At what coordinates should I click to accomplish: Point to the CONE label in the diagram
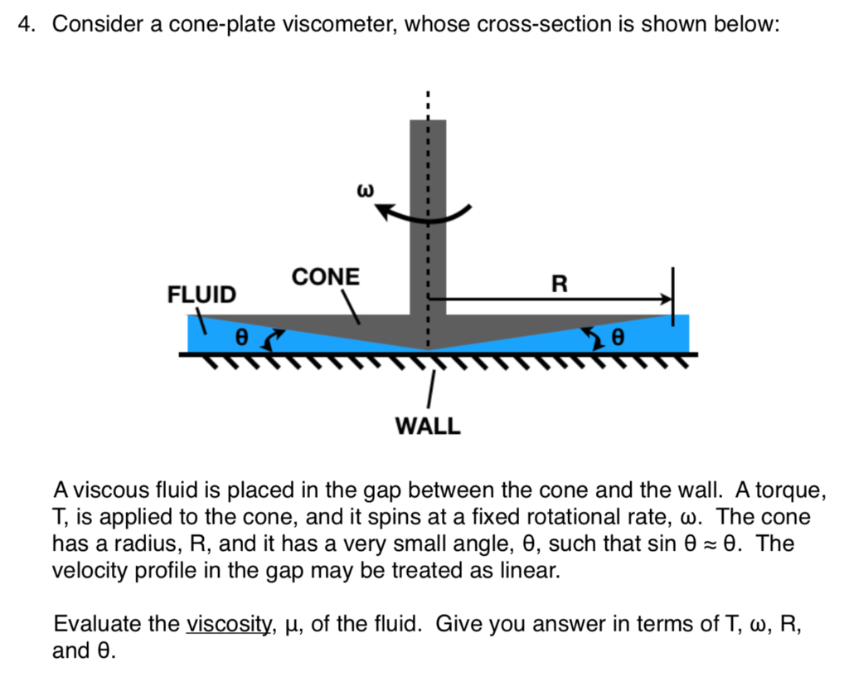click(325, 277)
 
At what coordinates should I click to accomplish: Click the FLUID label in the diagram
click(201, 295)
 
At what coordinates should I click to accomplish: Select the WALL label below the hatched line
click(427, 426)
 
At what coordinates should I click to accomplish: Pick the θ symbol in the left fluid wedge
click(242, 338)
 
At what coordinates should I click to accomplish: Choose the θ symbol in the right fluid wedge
click(615, 338)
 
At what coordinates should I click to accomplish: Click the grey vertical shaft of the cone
click(428, 216)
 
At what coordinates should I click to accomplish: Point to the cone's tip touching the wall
click(429, 349)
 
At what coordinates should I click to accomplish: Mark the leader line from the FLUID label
click(199, 322)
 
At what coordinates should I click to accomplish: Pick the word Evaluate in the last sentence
click(90, 624)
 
